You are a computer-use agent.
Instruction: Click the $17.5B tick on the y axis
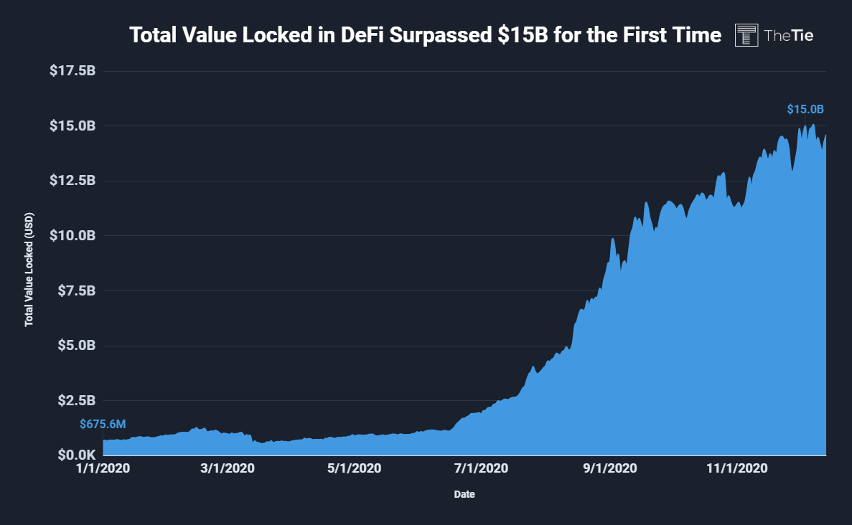pos(72,71)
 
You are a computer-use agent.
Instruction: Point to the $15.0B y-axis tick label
pos(72,126)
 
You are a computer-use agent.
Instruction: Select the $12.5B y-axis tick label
pos(72,180)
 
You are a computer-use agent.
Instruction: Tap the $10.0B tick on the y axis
pos(72,235)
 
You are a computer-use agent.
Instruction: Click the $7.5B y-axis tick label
pos(75,290)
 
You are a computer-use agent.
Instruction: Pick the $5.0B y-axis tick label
pos(75,345)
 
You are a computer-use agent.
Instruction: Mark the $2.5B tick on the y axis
pos(75,400)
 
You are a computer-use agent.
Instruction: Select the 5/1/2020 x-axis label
pos(354,469)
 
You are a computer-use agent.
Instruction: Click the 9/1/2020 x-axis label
pos(609,469)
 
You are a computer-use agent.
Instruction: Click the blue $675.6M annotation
pos(103,425)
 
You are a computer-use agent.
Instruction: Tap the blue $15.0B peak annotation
pos(805,110)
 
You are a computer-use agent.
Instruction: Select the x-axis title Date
pos(464,494)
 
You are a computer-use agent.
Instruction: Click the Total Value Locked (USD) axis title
pos(29,268)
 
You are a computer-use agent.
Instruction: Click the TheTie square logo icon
pos(746,34)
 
